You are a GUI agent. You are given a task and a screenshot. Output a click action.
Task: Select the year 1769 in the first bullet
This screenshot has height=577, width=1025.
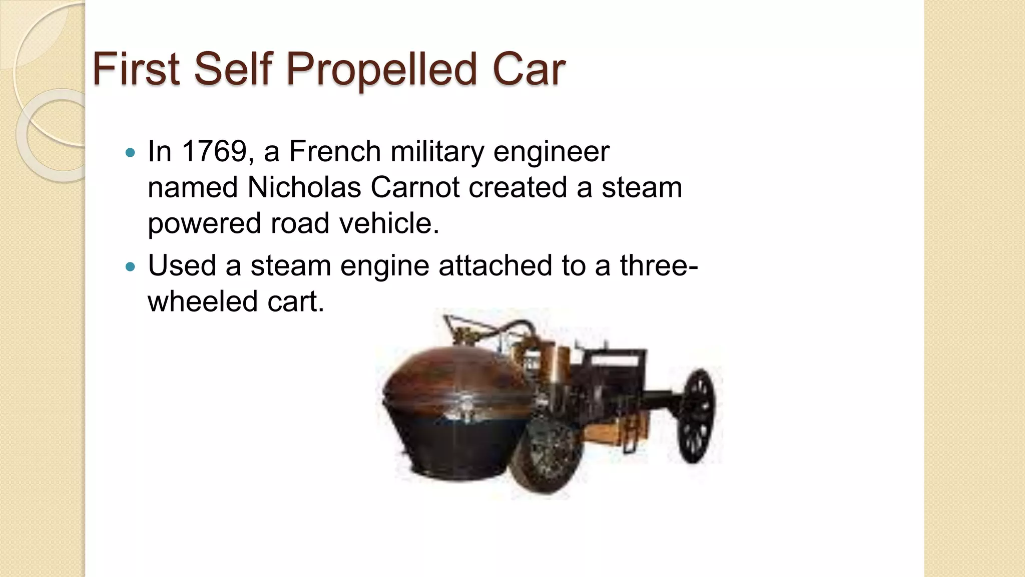(x=214, y=151)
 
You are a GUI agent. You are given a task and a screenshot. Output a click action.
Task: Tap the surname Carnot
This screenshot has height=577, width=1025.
(x=415, y=187)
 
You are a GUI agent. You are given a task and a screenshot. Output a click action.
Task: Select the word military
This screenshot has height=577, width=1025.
(x=437, y=151)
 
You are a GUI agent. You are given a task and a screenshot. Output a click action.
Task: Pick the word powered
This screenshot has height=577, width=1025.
(x=204, y=223)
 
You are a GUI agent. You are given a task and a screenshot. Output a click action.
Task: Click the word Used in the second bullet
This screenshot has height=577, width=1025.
(x=182, y=265)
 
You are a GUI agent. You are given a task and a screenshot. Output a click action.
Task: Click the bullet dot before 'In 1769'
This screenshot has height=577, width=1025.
(x=130, y=152)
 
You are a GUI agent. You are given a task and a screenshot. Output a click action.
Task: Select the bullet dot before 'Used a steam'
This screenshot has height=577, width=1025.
(x=130, y=266)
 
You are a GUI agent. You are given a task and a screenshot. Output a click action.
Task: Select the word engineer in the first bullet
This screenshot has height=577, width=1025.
(x=551, y=151)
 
